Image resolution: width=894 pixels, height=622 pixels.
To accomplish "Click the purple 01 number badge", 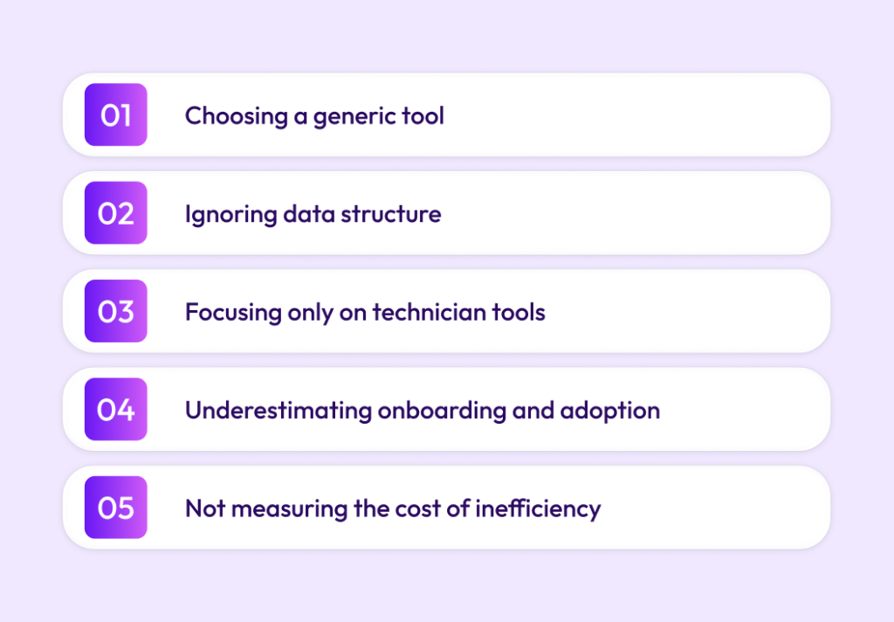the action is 116,114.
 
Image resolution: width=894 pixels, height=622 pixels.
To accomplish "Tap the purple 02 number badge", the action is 116,213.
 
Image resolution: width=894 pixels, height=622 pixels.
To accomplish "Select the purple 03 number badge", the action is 116,311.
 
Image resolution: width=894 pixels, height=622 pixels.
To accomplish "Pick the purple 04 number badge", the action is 116,409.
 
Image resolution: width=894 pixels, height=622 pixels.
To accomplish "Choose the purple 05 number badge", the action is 116,508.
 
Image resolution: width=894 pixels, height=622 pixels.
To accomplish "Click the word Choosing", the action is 236,117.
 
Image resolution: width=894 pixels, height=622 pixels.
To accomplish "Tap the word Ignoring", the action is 230,215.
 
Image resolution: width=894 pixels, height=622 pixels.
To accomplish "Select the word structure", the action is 391,215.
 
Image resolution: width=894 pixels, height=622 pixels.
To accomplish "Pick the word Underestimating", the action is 279,411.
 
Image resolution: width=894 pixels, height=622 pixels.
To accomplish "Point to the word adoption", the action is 610,411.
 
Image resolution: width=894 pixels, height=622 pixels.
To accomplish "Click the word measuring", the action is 290,509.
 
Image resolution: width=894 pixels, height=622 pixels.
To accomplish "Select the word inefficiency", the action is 538,509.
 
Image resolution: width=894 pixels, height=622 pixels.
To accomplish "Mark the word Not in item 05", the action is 205,508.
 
